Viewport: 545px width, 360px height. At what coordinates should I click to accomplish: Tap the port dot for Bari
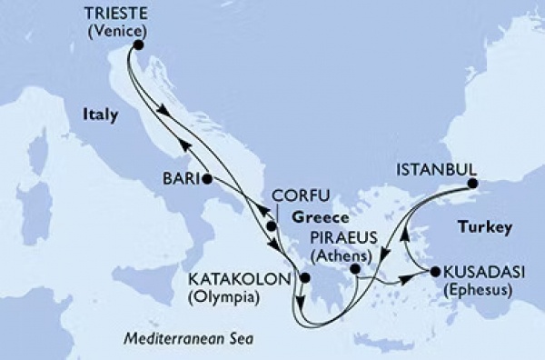pos(207,177)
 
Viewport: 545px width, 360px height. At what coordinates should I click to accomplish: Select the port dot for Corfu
pos(271,225)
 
